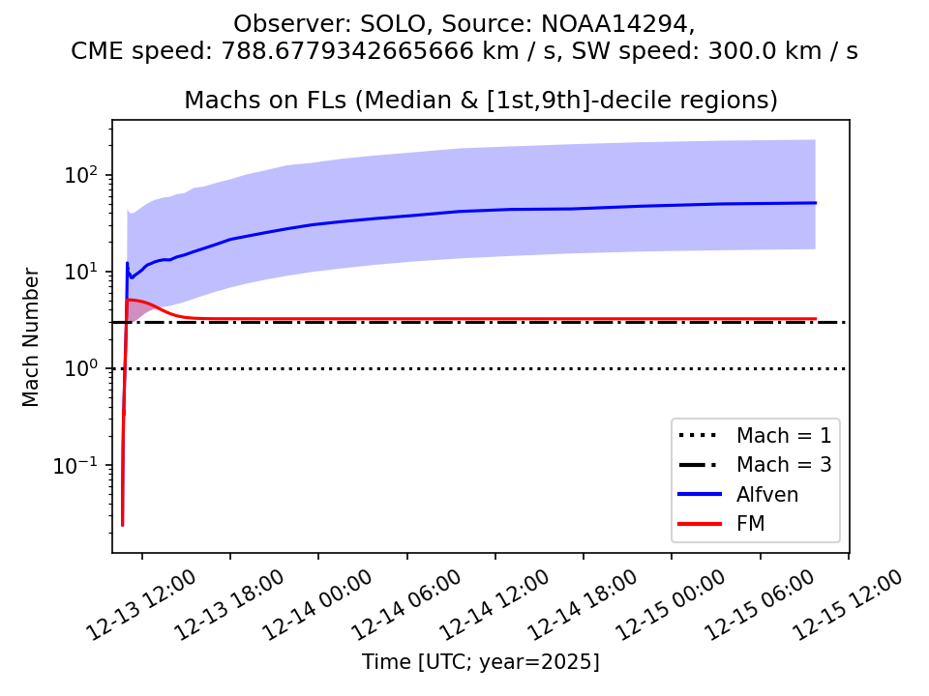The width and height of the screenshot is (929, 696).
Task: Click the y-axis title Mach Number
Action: [x=31, y=337]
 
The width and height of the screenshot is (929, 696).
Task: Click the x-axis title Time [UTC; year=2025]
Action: [x=480, y=662]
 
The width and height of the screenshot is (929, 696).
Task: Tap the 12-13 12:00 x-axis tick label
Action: [x=143, y=605]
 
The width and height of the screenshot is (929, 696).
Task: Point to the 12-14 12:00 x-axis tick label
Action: [x=496, y=605]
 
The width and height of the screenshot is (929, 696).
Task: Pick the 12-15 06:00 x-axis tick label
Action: [x=762, y=605]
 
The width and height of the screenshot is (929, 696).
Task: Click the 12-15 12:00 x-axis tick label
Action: [x=850, y=605]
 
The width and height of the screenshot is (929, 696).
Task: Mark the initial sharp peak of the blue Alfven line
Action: [x=127, y=263]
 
